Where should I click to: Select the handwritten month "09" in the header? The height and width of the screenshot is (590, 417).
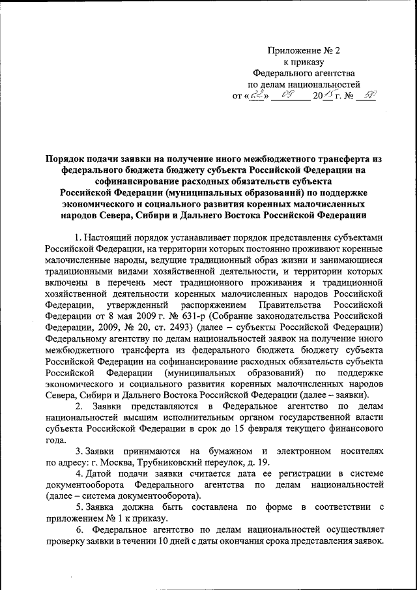pyautogui.click(x=288, y=95)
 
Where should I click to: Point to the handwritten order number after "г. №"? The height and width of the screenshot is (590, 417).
pyautogui.click(x=369, y=95)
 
